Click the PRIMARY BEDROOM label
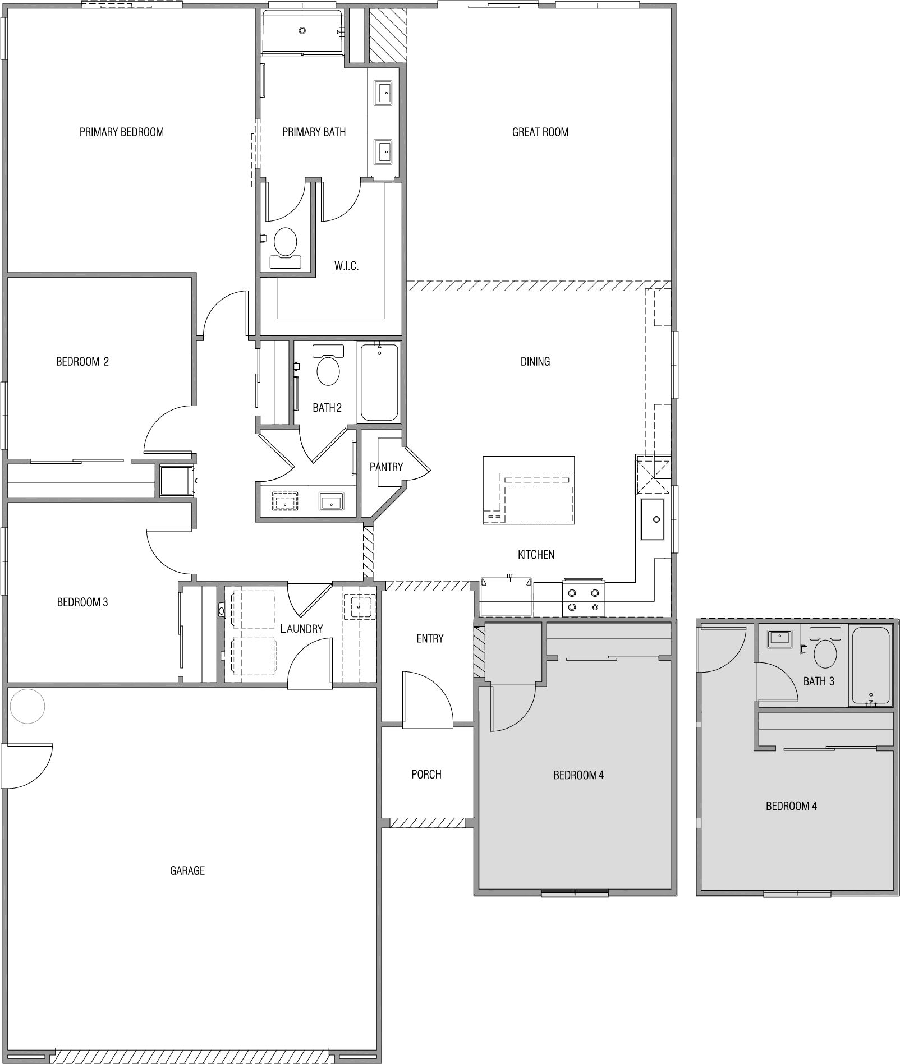122,132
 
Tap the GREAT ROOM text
540,132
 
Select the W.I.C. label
346,266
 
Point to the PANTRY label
386,467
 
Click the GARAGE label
187,870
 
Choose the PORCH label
426,774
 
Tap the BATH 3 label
819,681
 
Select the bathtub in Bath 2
379,382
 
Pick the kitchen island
529,490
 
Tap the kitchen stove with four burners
584,597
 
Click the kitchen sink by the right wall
653,519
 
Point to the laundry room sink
359,607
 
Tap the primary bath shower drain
302,30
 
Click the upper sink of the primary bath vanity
384,92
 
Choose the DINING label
535,362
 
